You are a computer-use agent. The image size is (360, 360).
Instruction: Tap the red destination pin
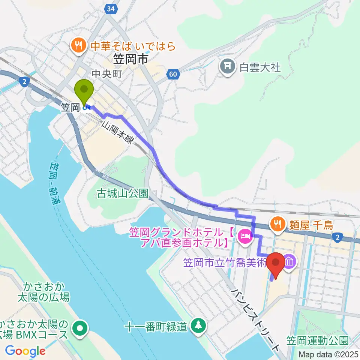[x=277, y=264]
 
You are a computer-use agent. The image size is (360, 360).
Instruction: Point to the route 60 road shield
[x=172, y=74]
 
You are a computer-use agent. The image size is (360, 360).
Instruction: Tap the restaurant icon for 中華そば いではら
[x=78, y=46]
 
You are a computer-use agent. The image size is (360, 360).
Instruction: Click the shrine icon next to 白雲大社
[x=227, y=67]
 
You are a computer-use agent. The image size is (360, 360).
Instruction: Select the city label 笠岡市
[x=129, y=59]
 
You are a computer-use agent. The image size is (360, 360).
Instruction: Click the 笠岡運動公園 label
[x=318, y=340]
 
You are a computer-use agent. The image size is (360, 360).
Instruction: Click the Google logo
[x=25, y=351]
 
